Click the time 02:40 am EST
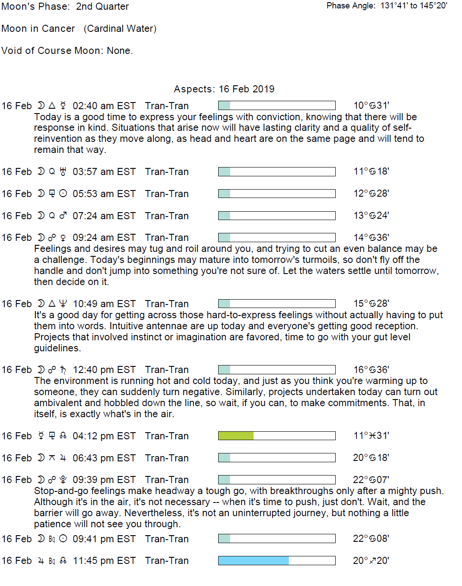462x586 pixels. (x=104, y=106)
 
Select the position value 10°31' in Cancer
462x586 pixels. (x=371, y=106)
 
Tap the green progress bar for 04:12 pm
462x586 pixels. (x=236, y=436)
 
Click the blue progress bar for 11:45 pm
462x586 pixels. (x=254, y=560)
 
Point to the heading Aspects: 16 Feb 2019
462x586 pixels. (x=224, y=89)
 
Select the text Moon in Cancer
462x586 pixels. (x=38, y=29)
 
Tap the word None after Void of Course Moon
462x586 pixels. (x=119, y=51)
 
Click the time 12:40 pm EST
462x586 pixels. (x=104, y=370)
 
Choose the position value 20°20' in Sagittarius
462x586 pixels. (x=371, y=561)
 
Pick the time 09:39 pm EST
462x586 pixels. (x=104, y=480)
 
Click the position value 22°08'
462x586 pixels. (x=371, y=539)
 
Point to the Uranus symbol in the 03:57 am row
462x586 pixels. (x=63, y=171)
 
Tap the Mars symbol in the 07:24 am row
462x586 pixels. (x=63, y=216)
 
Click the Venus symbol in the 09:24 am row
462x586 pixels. (x=63, y=238)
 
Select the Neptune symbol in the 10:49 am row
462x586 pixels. (x=63, y=304)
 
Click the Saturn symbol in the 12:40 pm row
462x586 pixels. (x=63, y=370)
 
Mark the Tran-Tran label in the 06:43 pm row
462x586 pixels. (x=167, y=458)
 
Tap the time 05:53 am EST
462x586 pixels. (x=104, y=194)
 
